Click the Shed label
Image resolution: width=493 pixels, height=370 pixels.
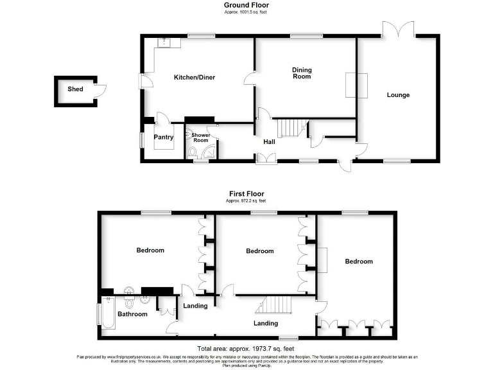[75, 89]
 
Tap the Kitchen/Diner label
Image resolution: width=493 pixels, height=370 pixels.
[195, 78]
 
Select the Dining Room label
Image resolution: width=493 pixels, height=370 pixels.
[302, 73]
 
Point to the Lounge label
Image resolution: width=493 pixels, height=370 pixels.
[398, 95]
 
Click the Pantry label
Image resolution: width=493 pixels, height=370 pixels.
[164, 137]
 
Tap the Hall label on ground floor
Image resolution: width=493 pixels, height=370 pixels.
[270, 141]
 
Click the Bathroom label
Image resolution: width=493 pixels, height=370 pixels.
[132, 314]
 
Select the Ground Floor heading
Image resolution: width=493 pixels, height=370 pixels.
[246, 5]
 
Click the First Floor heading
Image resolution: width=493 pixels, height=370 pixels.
[246, 193]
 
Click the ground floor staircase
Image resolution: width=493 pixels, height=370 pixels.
[291, 127]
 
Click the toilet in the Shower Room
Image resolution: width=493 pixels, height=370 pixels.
[191, 152]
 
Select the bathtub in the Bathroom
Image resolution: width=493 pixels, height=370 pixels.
[107, 314]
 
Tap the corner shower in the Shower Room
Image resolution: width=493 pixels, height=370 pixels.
[209, 152]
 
